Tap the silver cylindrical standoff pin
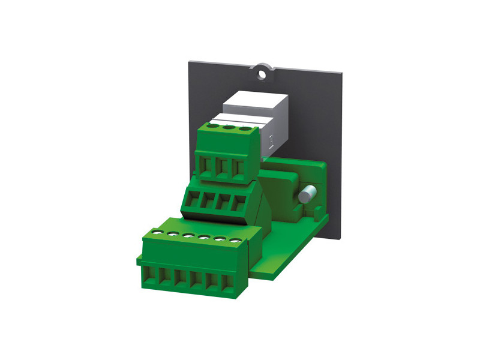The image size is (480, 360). tap(308, 194)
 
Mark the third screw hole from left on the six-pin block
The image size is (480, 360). tap(188, 235)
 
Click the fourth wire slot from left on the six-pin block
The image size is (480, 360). tap(196, 280)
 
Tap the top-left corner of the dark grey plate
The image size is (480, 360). tap(191, 61)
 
